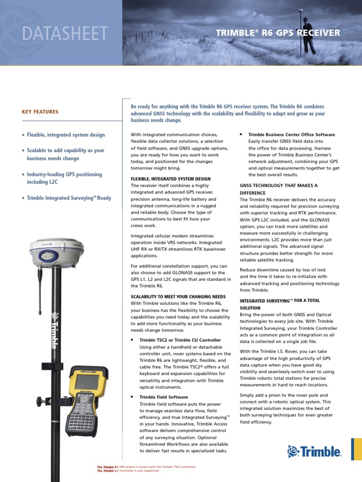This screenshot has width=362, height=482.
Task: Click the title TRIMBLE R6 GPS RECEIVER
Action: click(278, 33)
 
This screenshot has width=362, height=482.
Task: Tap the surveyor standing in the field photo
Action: click(309, 36)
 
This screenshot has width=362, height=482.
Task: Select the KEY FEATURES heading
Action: click(40, 112)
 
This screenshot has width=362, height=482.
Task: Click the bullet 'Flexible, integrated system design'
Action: click(66, 135)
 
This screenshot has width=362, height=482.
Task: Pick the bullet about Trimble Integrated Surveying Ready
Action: click(69, 198)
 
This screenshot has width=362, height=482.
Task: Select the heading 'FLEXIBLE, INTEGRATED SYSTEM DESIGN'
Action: click(171, 179)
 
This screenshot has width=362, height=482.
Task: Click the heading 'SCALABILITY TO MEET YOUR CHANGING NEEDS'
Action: click(178, 297)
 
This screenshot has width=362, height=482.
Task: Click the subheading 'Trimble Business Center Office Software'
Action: click(292, 135)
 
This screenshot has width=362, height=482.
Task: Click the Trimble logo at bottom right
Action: click(314, 452)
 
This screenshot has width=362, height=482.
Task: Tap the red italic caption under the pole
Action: click(146, 469)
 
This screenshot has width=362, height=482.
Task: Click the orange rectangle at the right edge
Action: click(356, 449)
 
